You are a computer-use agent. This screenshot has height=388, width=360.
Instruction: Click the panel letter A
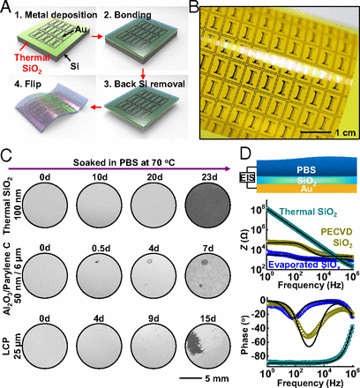click(7, 8)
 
